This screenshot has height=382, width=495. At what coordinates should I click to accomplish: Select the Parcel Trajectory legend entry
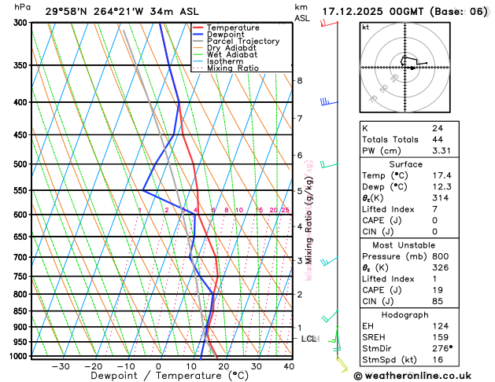point(242,41)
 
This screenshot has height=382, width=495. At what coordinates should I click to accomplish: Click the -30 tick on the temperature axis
point(61,365)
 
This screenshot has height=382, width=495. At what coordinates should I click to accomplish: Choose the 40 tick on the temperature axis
point(289,365)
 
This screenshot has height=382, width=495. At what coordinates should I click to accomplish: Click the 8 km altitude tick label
point(300,80)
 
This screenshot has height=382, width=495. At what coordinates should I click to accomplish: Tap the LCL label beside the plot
point(309,339)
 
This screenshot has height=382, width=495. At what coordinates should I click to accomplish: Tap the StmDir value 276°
point(442,348)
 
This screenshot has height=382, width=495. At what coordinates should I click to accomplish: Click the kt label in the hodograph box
point(365,28)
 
